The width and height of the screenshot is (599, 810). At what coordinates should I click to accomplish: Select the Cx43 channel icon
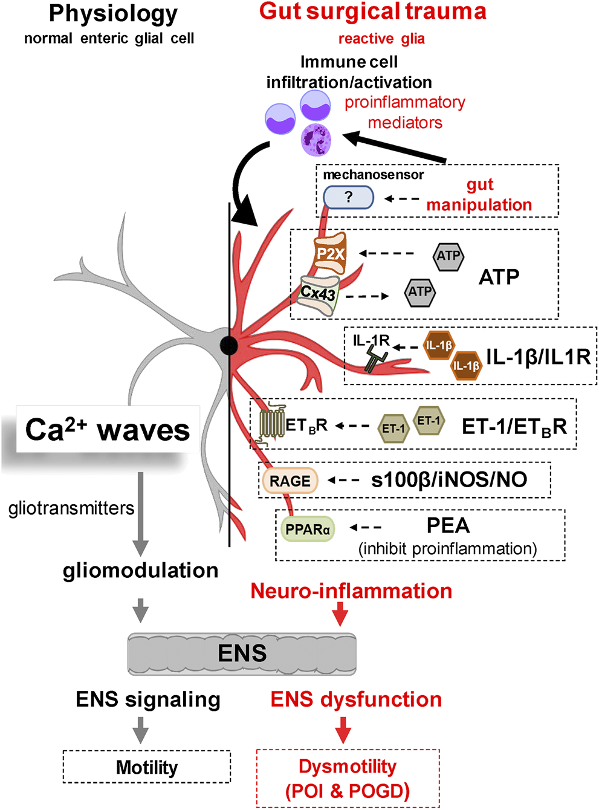[x=319, y=294]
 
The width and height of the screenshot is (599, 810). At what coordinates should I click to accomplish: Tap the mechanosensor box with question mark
[x=348, y=197]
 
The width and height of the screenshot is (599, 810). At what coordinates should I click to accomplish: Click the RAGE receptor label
[x=290, y=481]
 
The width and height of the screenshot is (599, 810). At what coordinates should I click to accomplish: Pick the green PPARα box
[x=308, y=530]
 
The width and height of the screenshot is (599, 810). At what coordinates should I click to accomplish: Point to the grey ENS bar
[x=242, y=653]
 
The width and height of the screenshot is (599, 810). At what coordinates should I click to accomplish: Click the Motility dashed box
[x=147, y=767]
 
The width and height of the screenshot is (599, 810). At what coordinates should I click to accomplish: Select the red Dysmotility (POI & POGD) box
[x=348, y=779]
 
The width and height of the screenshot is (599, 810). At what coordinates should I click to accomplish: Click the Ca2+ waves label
[x=108, y=430]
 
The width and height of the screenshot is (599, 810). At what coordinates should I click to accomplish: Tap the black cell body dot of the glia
[x=228, y=346]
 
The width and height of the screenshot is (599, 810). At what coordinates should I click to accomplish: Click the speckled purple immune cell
[x=316, y=140]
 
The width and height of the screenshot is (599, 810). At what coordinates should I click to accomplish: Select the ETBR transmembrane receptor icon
[x=271, y=425]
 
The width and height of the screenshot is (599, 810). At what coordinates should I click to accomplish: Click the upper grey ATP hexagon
[x=448, y=256]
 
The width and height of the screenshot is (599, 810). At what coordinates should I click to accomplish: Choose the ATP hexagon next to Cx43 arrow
[x=420, y=293]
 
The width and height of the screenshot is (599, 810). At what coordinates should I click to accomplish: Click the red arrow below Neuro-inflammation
[x=340, y=614]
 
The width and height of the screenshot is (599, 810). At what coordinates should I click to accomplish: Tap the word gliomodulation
[x=140, y=570]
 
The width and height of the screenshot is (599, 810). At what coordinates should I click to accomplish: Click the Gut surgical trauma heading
[x=373, y=11]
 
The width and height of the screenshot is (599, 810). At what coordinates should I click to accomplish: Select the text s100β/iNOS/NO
[x=449, y=480]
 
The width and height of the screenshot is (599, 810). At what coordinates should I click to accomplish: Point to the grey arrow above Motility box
[x=140, y=730]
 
